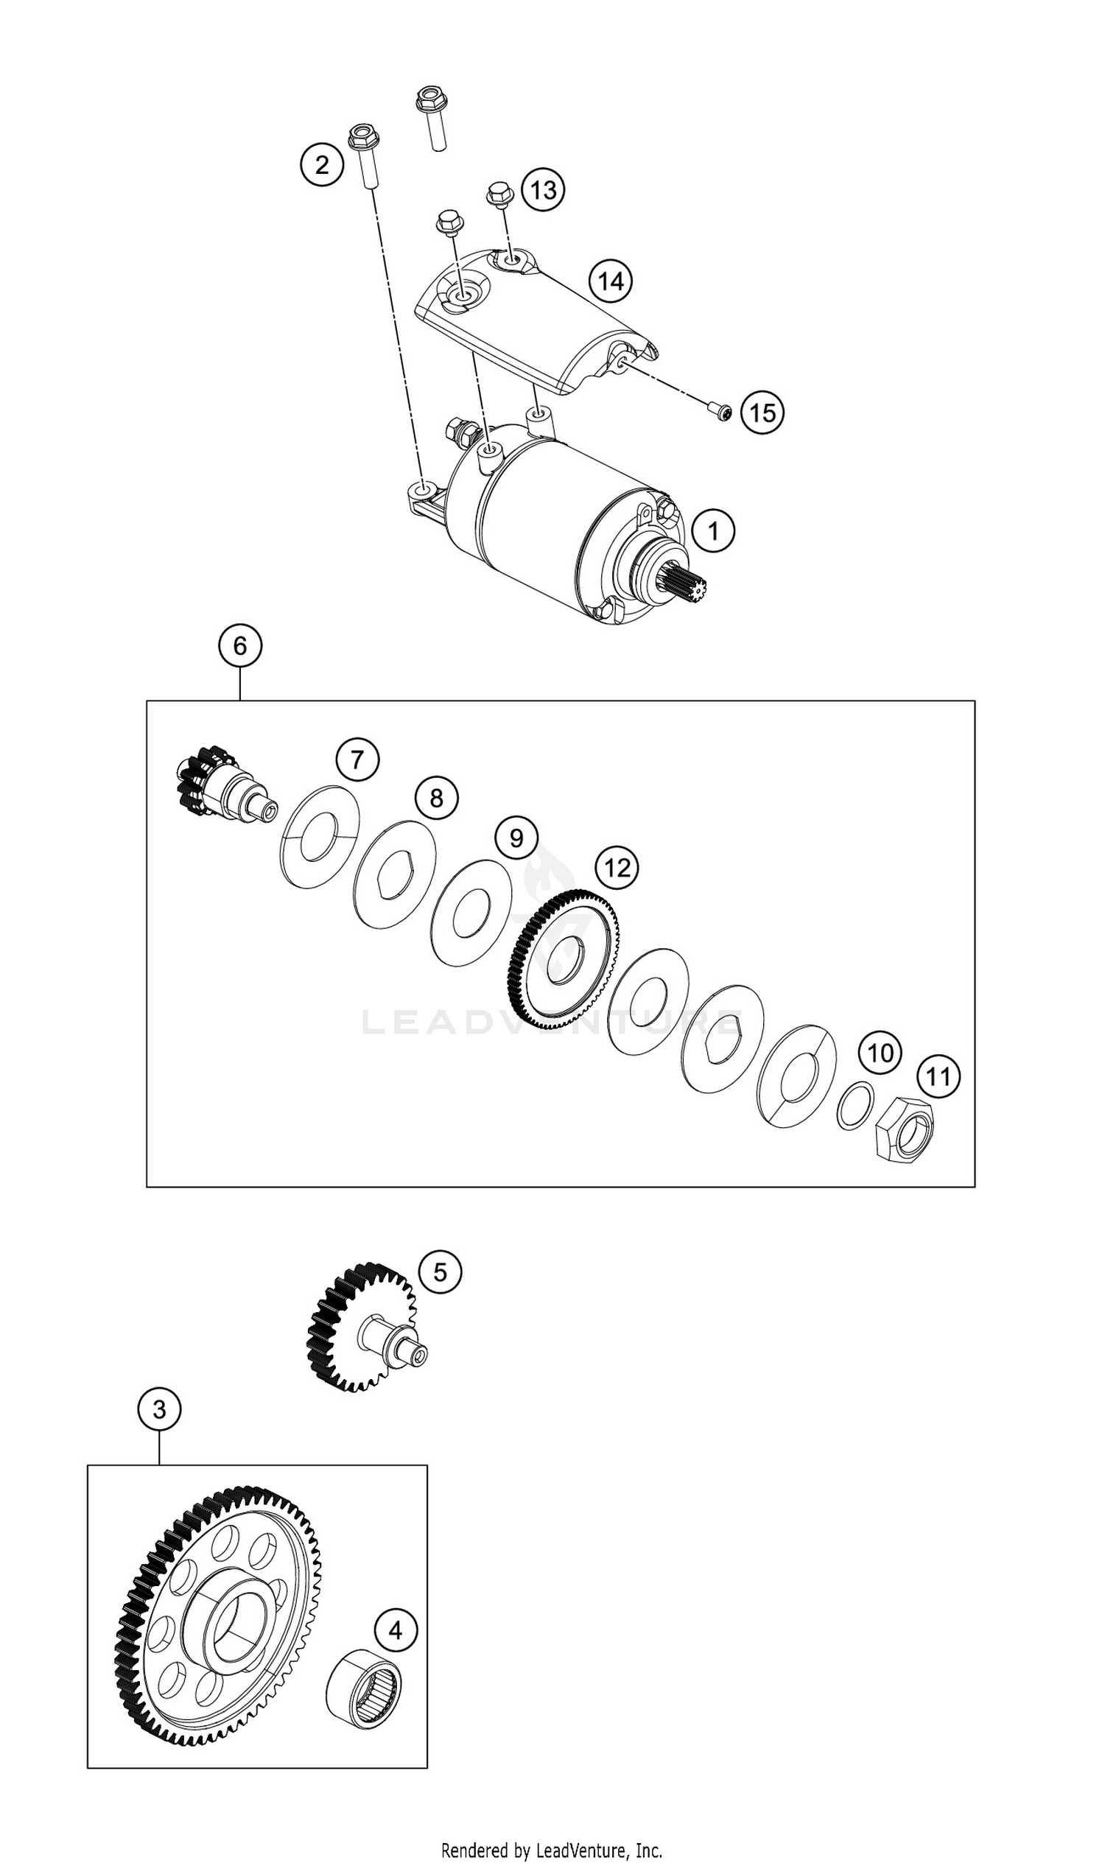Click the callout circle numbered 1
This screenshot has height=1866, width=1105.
(x=712, y=531)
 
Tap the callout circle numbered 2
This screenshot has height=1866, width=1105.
(x=322, y=164)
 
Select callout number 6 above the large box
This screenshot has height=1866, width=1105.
(x=239, y=645)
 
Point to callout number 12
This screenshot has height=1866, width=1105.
(x=617, y=868)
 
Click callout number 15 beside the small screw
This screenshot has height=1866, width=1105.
(x=762, y=412)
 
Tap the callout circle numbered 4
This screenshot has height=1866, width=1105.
(x=395, y=1631)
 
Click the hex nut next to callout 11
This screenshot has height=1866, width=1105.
(x=903, y=1130)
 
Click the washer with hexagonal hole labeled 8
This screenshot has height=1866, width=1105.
(x=396, y=874)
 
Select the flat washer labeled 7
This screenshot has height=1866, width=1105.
(x=320, y=836)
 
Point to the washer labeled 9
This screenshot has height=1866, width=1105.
(x=471, y=912)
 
